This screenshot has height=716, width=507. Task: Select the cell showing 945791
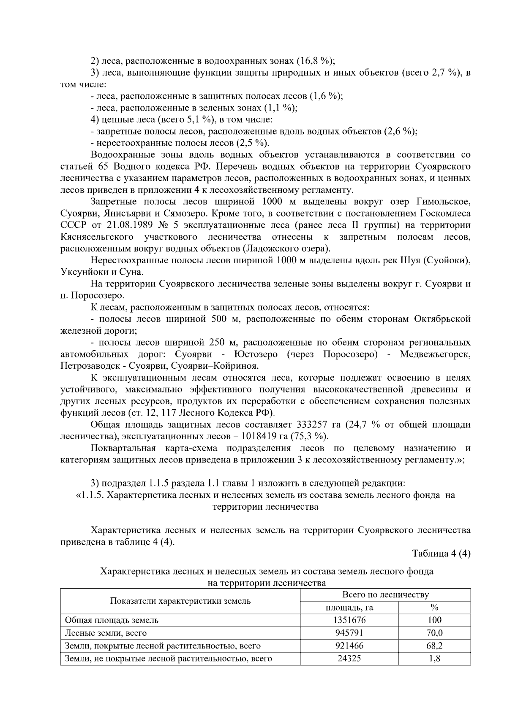click(349, 632)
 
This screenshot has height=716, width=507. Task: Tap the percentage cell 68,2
click(434, 645)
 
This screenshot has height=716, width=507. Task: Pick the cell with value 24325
click(349, 658)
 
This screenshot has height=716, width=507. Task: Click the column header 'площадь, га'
click(349, 608)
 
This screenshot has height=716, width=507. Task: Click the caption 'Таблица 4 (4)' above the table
click(441, 554)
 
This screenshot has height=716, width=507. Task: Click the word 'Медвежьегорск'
click(435, 354)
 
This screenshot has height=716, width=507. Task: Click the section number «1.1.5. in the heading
click(90, 495)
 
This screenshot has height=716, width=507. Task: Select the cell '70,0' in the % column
click(434, 632)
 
